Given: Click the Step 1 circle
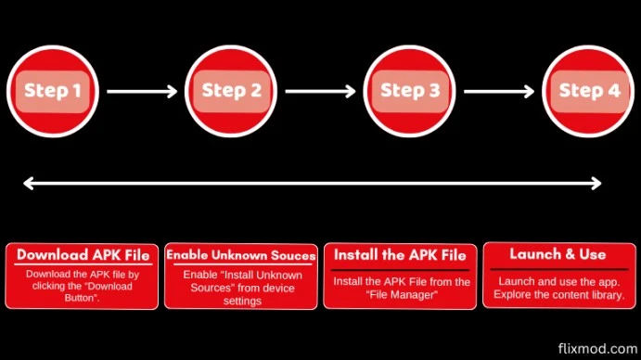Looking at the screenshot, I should [52, 91].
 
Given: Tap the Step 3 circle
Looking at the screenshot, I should [409, 91].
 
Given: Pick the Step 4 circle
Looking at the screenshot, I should [588, 91].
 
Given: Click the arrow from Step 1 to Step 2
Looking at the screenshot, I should [141, 91].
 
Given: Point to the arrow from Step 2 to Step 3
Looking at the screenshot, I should [320, 91].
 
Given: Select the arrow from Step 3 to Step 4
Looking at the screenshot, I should [499, 91].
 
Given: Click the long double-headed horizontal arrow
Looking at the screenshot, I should [312, 184].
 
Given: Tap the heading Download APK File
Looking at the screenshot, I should [83, 255].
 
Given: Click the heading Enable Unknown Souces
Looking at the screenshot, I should [241, 255].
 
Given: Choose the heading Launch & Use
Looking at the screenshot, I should [558, 254].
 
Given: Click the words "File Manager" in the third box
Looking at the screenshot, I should [401, 294].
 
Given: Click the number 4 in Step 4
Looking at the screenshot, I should [614, 91].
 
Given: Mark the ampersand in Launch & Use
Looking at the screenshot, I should [562, 254].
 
